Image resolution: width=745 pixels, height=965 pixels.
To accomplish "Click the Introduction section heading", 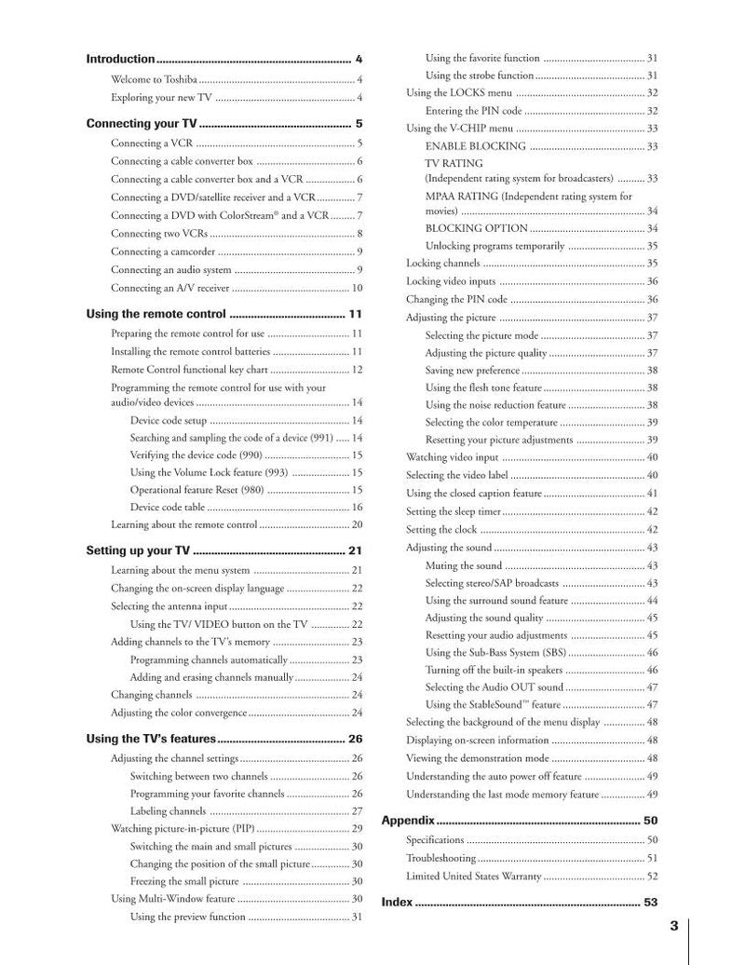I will click(x=120, y=59).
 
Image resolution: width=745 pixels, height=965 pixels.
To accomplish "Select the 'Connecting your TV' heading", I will click(x=141, y=123).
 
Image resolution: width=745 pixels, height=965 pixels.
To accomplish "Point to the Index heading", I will click(x=397, y=902).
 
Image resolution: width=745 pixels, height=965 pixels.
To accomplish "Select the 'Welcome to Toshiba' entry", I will click(x=154, y=79).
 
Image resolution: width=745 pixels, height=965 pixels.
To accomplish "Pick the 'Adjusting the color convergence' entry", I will click(x=179, y=713).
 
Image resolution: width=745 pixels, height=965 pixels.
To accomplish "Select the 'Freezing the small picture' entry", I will click(x=184, y=881).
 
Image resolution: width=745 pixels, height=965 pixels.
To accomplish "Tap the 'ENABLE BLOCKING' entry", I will click(x=475, y=146).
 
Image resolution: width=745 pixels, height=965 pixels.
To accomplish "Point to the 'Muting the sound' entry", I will click(x=464, y=565).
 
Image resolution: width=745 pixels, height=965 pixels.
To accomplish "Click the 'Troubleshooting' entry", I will click(x=440, y=858).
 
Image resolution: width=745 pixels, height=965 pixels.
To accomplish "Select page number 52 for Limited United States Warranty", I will click(x=652, y=876).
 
